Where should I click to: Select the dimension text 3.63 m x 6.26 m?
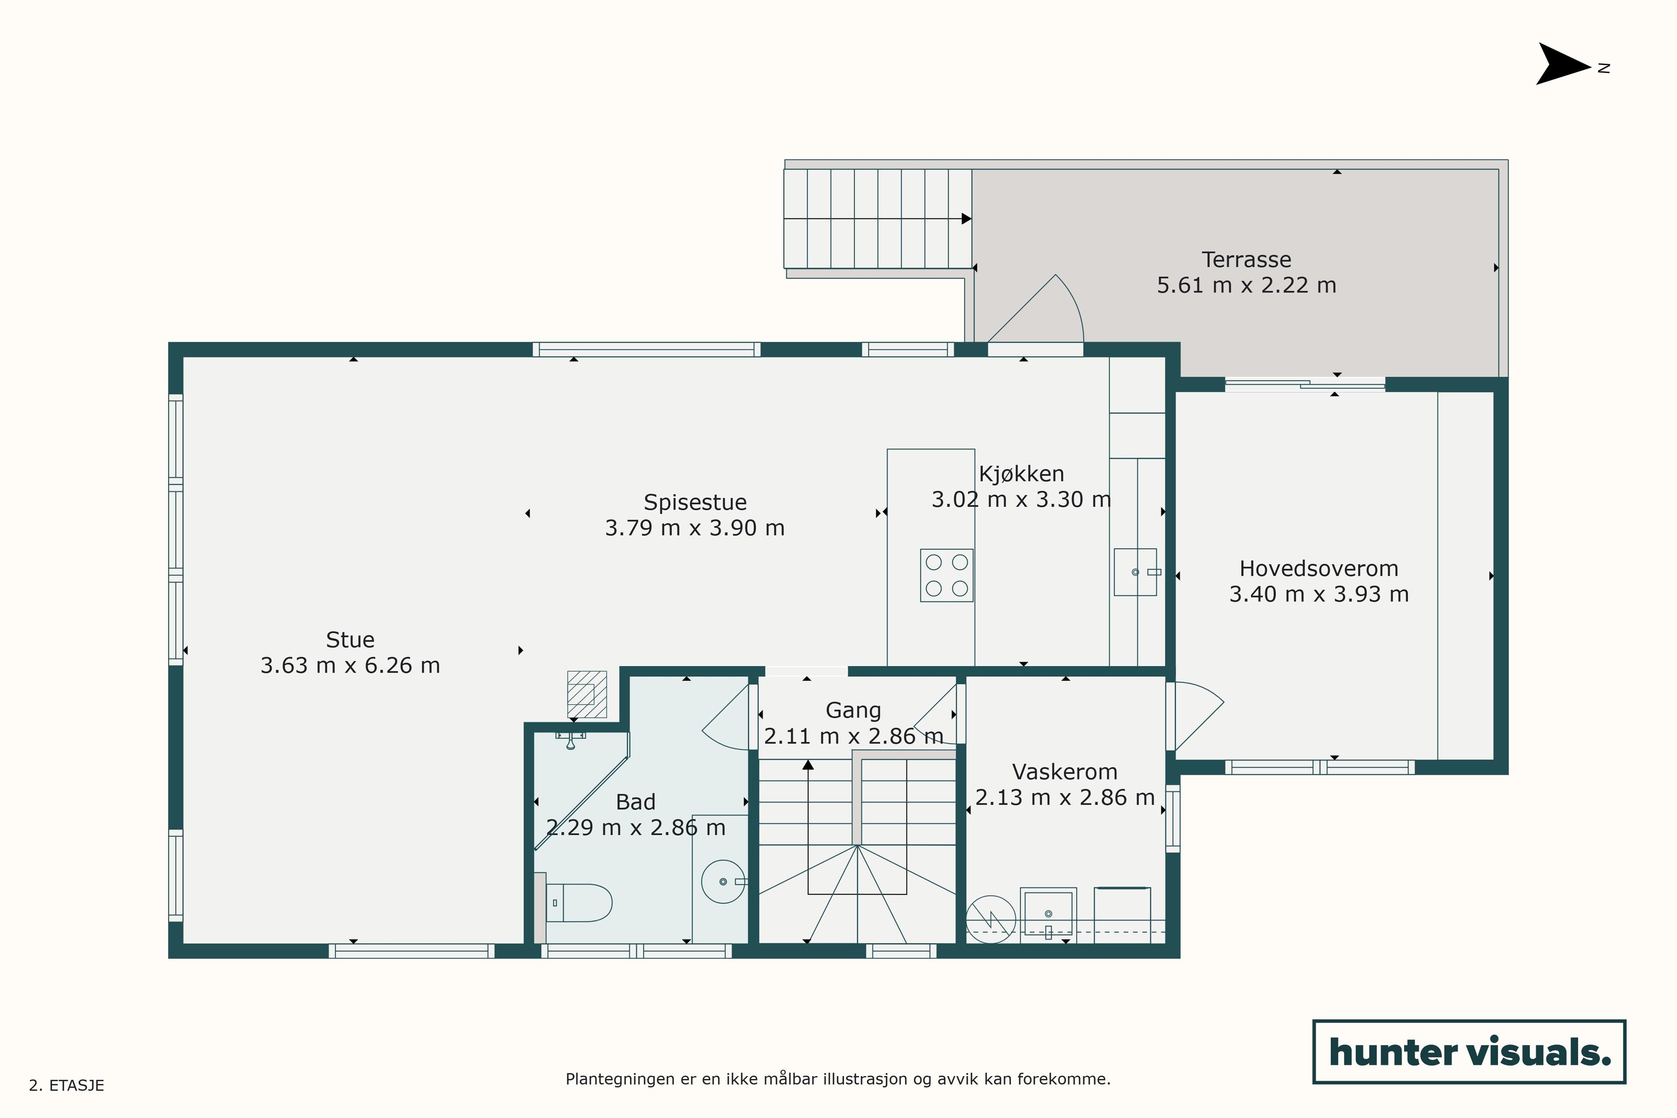[x=350, y=665]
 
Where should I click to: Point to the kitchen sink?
[x=1135, y=572]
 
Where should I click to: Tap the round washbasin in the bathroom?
[x=723, y=882]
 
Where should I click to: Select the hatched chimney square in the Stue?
[x=587, y=694]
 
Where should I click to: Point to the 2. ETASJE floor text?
[x=66, y=1085]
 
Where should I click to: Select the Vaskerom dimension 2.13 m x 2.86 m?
[x=1065, y=797]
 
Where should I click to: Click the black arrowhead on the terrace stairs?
[x=966, y=219]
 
